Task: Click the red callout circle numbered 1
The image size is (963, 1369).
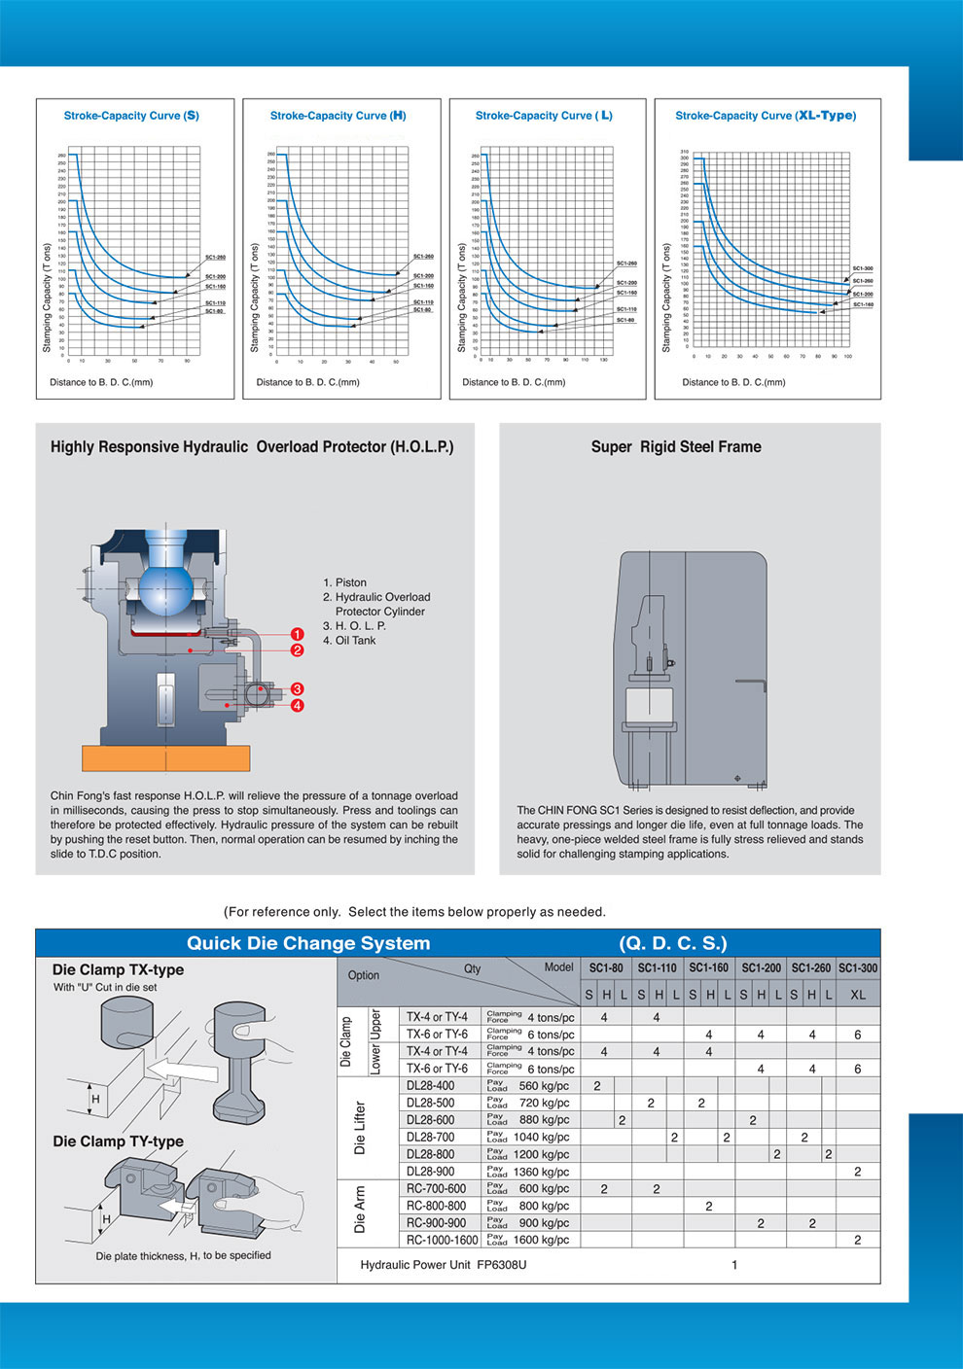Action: coord(298,635)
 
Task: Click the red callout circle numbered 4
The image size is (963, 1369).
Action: coord(298,706)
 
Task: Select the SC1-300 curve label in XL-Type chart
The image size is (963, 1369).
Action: coord(863,268)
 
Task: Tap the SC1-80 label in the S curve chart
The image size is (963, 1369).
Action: coord(215,311)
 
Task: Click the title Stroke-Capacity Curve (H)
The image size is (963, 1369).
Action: coord(338,116)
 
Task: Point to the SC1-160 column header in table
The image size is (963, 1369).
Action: coord(708,968)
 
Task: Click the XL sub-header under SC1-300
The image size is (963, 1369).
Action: coord(857,995)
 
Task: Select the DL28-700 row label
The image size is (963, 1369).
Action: coord(430,1137)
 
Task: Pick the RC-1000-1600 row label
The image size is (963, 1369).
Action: coord(443,1240)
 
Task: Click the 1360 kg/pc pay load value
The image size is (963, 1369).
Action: coord(541,1172)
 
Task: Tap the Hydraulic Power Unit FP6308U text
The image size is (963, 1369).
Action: coord(443,1265)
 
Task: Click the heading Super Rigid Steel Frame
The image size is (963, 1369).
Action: coord(676,447)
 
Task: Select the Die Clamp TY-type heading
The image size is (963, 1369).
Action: coord(118,1141)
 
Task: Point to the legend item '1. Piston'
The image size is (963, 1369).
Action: coord(344,582)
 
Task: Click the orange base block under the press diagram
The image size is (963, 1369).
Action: coord(165,758)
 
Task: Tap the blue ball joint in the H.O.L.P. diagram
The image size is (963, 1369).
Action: coord(165,590)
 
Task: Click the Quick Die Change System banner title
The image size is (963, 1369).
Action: coord(308,943)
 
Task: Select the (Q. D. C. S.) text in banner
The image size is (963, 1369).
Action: coord(673,943)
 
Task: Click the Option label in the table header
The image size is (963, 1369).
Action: coord(364,975)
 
